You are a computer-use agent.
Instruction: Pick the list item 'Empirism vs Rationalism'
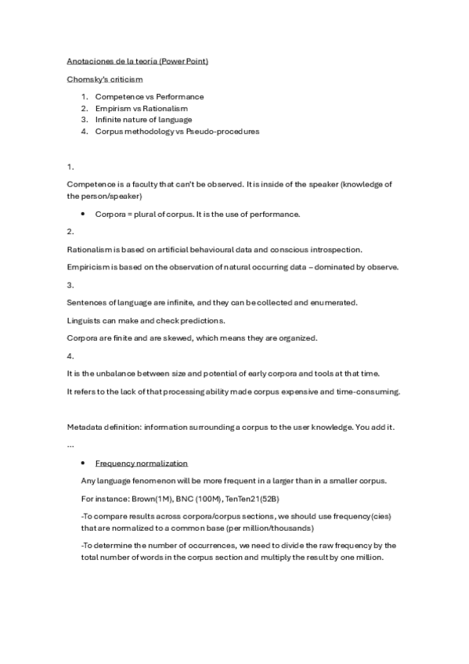click(141, 108)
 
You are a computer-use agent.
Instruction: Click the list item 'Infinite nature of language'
click(143, 120)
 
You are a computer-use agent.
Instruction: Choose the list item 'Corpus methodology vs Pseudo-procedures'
click(177, 132)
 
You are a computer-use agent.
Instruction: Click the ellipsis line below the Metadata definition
click(71, 444)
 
